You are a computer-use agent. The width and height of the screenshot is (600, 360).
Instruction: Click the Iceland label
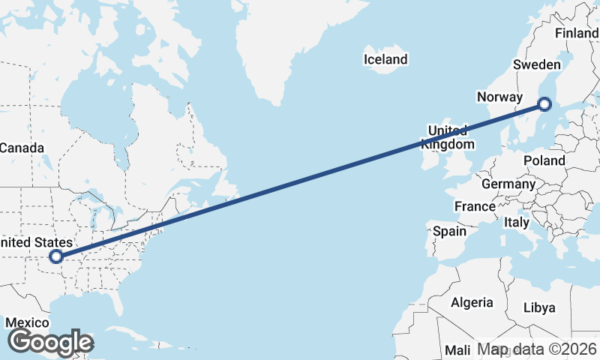tap(385, 59)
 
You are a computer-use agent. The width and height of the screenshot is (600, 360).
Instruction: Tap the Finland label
tap(576, 33)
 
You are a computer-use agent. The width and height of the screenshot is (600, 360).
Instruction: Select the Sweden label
tap(536, 64)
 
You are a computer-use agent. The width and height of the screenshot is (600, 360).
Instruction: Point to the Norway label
tap(499, 97)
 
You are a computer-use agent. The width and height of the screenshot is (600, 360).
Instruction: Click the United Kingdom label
tap(448, 137)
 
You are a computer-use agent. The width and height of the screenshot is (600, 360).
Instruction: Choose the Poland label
tap(544, 160)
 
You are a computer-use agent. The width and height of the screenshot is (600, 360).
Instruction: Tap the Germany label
tap(508, 184)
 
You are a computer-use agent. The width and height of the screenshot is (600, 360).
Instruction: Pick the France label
tap(475, 206)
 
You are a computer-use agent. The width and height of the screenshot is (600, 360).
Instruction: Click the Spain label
tap(449, 231)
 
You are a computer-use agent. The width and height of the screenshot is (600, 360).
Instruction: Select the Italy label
tap(516, 222)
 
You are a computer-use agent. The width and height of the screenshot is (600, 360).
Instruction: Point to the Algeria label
tap(472, 302)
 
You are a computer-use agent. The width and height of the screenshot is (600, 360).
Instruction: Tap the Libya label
tap(539, 307)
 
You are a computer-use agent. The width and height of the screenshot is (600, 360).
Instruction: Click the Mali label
tap(457, 349)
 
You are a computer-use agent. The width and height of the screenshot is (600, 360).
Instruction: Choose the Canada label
tap(22, 148)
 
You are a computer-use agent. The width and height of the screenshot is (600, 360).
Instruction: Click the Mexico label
tap(27, 323)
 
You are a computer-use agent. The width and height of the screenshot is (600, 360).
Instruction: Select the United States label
tap(36, 242)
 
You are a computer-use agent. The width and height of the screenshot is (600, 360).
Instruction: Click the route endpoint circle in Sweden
tap(545, 104)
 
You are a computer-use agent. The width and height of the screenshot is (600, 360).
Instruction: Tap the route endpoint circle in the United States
tap(55, 257)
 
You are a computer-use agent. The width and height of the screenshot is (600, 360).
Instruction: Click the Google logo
tap(51, 342)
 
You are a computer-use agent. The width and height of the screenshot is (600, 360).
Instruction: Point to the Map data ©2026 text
tap(537, 349)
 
